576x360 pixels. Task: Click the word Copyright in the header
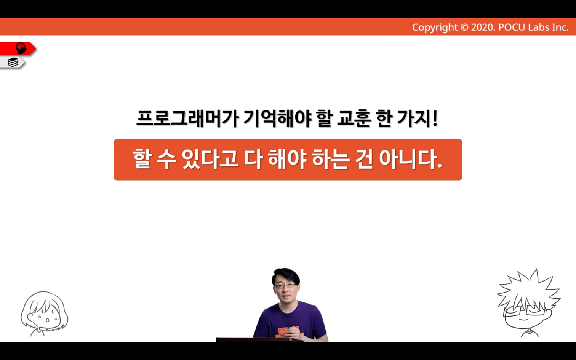point(435,27)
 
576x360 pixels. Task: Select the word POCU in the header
point(512,27)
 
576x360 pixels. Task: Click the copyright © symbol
point(464,27)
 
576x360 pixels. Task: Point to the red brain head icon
point(21,49)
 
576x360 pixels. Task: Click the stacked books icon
point(13,62)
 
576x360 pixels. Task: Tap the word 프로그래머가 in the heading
point(187,119)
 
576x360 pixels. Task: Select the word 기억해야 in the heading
point(277,119)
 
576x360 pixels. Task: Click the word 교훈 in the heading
point(354,119)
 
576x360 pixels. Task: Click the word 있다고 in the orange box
point(210,159)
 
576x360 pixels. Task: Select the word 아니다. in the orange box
point(411,159)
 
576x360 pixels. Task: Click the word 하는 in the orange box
point(331,159)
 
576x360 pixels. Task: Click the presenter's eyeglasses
point(285,285)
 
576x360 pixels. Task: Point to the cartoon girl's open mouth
point(48,320)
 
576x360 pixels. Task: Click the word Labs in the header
point(536,27)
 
